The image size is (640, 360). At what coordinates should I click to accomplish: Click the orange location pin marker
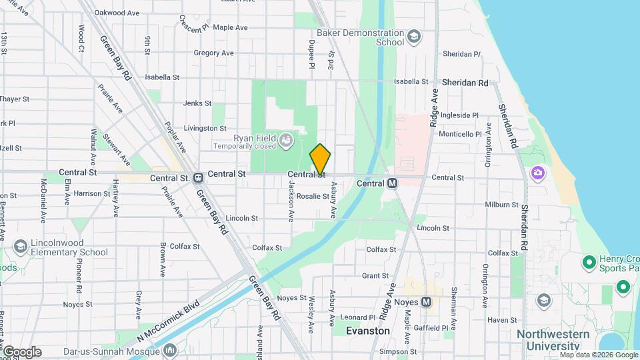pyautogui.click(x=320, y=159)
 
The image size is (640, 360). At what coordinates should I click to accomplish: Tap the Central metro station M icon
pyautogui.click(x=392, y=183)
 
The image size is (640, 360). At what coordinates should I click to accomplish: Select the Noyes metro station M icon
pyautogui.click(x=427, y=302)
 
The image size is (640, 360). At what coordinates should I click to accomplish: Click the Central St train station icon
pyautogui.click(x=198, y=178)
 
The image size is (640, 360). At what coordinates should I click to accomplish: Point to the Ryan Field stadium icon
pyautogui.click(x=286, y=139)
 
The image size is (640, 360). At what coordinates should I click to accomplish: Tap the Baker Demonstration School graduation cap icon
pyautogui.click(x=414, y=36)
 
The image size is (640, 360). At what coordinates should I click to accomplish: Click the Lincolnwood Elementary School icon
pyautogui.click(x=21, y=247)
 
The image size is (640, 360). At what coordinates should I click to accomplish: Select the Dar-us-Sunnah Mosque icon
pyautogui.click(x=169, y=349)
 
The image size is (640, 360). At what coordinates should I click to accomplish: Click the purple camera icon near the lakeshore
pyautogui.click(x=538, y=174)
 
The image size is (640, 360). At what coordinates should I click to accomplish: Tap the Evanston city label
pyautogui.click(x=368, y=331)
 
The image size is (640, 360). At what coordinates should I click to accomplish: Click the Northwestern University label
pyautogui.click(x=548, y=340)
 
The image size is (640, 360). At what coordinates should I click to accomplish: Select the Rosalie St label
pyautogui.click(x=313, y=196)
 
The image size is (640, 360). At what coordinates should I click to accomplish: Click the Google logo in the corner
pyautogui.click(x=22, y=352)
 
